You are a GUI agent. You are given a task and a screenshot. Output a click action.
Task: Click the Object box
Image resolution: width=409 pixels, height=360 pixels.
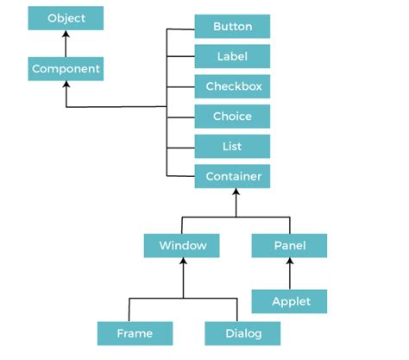[x=66, y=18]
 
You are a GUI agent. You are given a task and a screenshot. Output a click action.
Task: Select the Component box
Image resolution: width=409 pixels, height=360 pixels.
[x=66, y=68]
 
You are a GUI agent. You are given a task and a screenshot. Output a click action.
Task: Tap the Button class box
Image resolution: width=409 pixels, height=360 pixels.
[x=233, y=27]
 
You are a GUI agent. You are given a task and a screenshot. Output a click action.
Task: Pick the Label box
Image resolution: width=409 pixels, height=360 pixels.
[x=233, y=57]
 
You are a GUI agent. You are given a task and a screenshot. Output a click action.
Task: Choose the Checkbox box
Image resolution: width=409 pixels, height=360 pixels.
[x=233, y=86]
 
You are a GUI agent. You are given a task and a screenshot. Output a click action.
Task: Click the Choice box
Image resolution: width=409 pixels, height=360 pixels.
[x=233, y=117]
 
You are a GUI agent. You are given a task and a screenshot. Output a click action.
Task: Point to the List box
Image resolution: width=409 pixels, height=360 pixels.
[x=233, y=147]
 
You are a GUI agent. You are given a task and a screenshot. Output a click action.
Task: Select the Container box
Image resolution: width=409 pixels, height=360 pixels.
[x=233, y=177]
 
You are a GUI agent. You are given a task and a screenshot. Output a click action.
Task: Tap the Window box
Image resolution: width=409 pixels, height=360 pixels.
[x=182, y=245]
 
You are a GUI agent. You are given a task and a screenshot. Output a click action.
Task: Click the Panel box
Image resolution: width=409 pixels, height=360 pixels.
[x=290, y=245]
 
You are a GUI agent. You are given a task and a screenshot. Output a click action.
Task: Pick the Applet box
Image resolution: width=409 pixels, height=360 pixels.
[x=290, y=301]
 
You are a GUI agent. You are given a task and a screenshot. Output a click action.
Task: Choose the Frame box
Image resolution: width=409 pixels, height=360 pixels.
[x=134, y=332]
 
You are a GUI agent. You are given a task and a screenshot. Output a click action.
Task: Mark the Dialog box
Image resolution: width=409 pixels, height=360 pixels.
[x=242, y=332]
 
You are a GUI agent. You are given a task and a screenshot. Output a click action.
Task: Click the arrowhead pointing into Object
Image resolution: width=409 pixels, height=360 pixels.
[x=66, y=35]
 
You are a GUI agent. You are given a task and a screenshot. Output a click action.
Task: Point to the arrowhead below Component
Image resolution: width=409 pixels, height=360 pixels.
[x=66, y=85]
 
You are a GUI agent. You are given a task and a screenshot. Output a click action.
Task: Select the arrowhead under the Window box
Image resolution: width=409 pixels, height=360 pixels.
[x=182, y=262]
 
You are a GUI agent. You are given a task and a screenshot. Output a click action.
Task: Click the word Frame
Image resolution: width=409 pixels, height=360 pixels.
[x=134, y=332]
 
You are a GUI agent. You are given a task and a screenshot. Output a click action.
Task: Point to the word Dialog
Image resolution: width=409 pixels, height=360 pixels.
[x=242, y=332]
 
